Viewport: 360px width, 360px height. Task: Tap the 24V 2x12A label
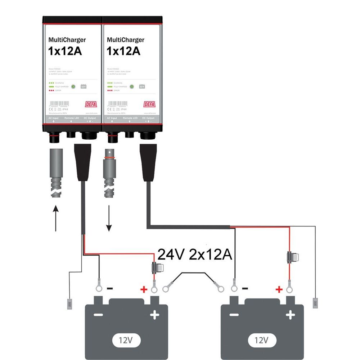195,255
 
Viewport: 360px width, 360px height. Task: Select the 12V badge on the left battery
126,339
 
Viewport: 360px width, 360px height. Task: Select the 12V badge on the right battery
262,339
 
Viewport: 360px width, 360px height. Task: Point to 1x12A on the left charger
65,51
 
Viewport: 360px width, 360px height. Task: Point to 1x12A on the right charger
123,51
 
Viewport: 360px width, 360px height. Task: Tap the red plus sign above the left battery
144,289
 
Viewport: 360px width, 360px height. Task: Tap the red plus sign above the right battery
279,289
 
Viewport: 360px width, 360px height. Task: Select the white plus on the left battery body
154,315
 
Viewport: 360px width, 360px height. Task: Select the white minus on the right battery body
234,315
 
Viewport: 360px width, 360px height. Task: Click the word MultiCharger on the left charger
67,40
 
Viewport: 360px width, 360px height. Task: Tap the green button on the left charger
73,86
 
